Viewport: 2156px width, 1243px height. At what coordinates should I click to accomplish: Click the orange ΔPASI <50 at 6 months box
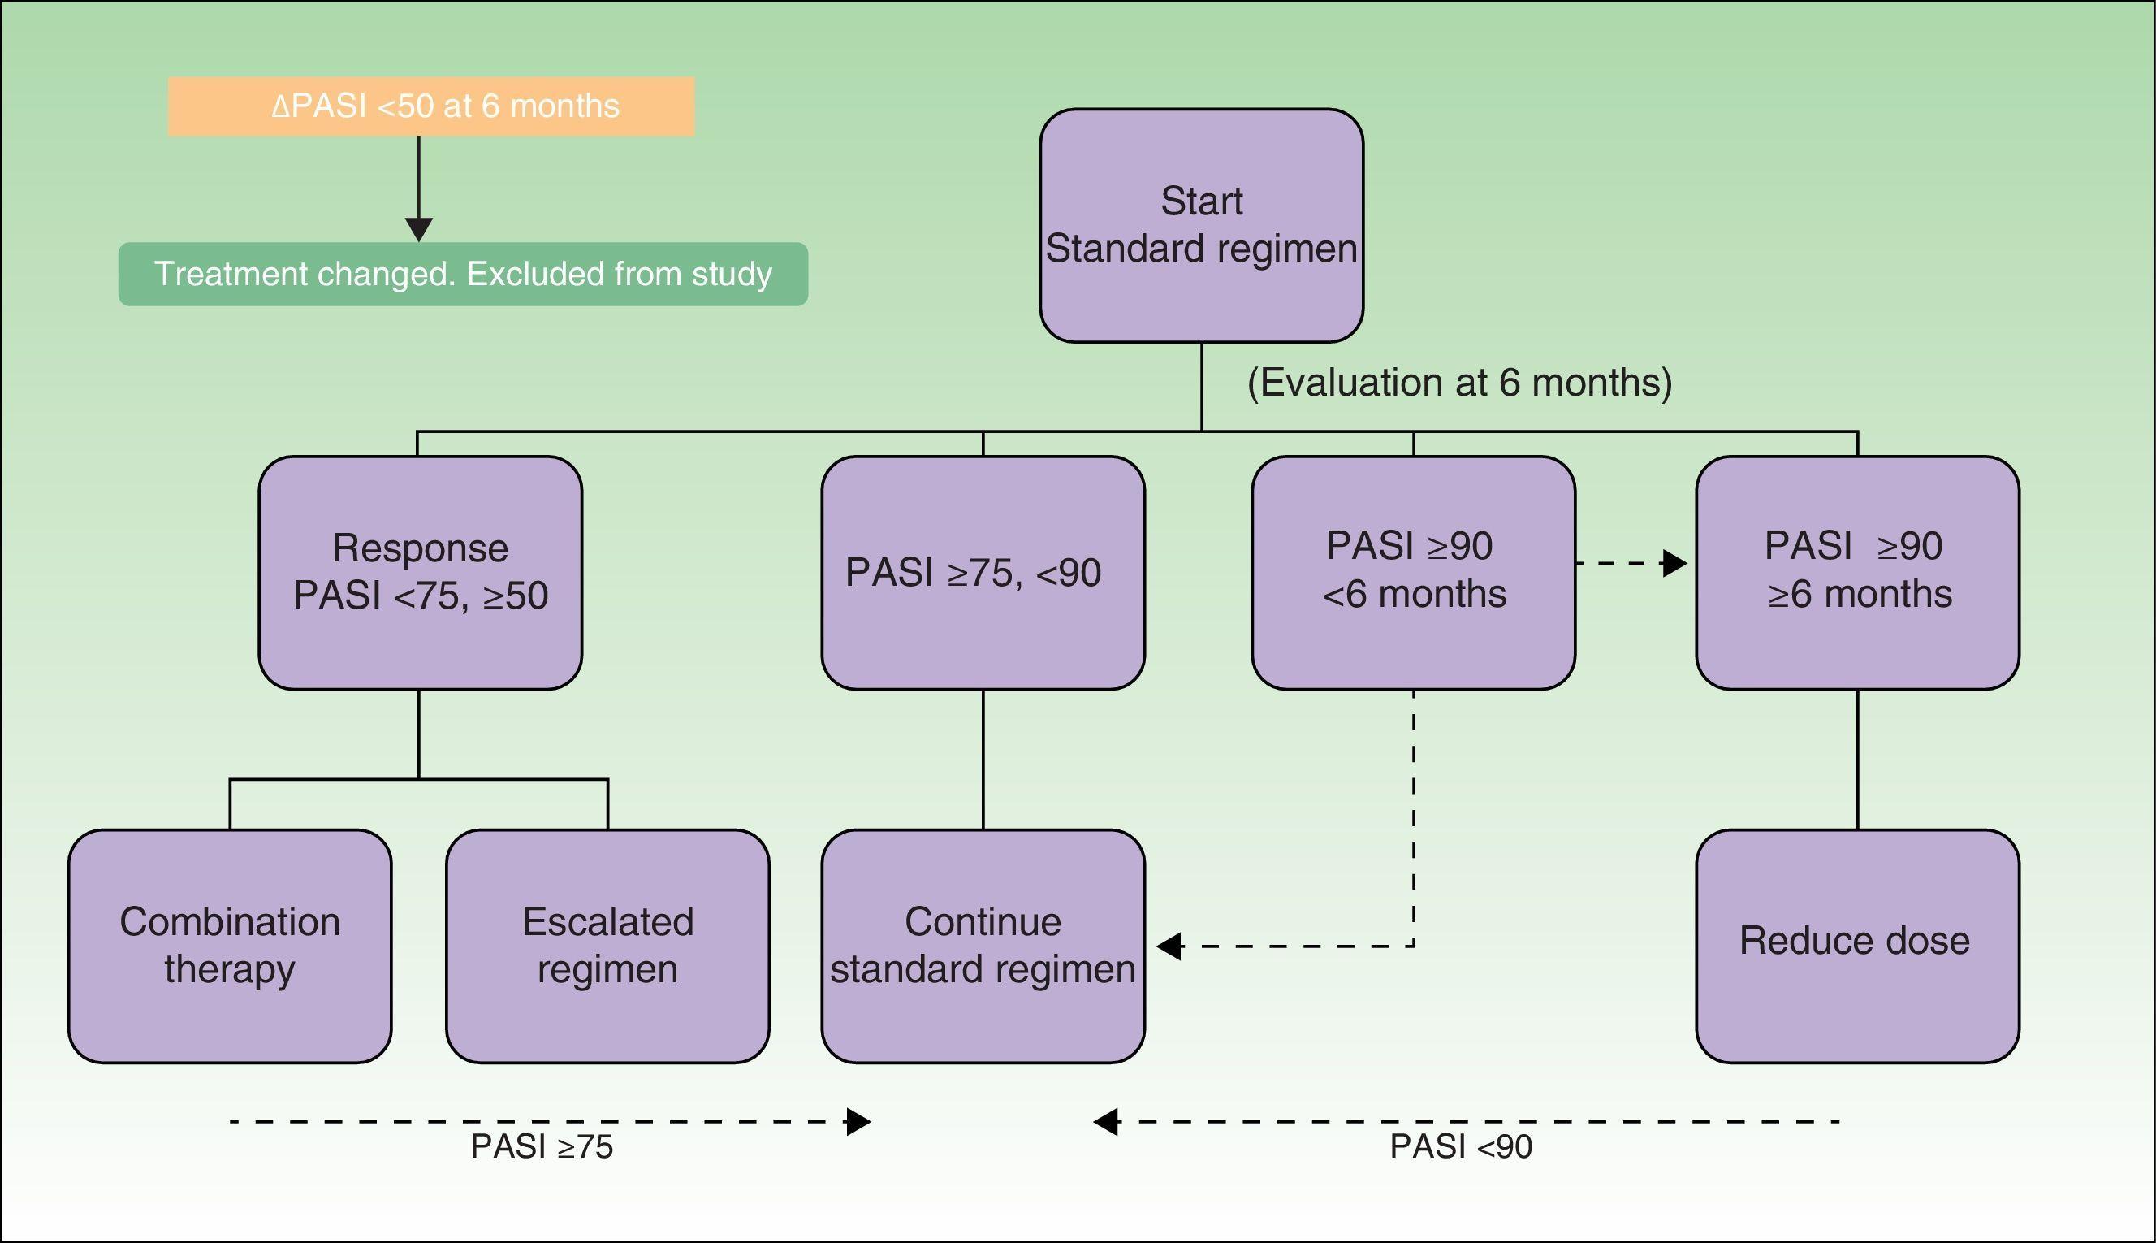pos(431,106)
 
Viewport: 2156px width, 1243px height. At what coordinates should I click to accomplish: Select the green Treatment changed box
pos(462,274)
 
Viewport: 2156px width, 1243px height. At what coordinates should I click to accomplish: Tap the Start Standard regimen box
pos(1200,225)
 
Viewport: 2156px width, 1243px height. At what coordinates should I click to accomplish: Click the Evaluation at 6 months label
pos(1459,383)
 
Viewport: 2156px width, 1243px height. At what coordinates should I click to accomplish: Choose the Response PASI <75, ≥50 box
pos(420,572)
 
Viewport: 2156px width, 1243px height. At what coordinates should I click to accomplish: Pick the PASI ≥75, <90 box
pos(982,572)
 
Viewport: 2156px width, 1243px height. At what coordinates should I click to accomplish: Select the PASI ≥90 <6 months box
pos(1413,572)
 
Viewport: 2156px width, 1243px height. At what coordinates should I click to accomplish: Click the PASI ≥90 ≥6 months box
pos(1856,572)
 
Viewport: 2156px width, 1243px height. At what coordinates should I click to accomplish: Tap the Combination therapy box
pos(230,946)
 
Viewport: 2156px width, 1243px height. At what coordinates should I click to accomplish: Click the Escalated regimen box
pos(607,946)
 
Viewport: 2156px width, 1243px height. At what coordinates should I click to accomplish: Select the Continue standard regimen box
pos(982,946)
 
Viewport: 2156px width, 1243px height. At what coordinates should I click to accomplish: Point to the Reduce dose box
pos(1856,946)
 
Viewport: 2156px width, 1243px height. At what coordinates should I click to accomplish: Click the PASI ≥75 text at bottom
pos(542,1146)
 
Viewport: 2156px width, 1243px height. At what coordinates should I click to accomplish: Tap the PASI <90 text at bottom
pos(1461,1146)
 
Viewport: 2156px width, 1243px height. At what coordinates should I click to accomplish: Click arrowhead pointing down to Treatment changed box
pos(419,230)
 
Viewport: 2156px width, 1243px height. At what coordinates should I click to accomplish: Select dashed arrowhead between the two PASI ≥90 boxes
pos(1674,564)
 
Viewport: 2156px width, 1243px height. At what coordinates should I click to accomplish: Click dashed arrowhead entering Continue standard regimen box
pos(1169,946)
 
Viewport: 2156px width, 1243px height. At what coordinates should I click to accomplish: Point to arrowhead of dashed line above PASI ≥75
pos(858,1122)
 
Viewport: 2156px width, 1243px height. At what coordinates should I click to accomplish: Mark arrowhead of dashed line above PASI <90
pos(1106,1122)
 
